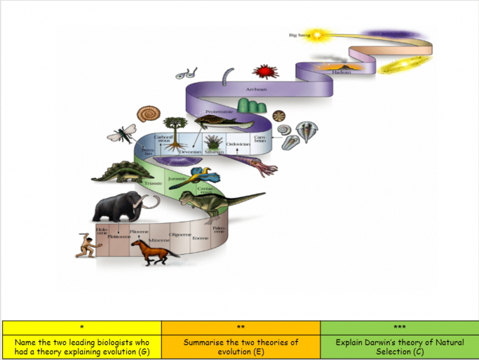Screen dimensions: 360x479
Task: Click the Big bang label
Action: click(x=299, y=34)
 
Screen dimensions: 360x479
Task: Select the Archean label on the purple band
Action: click(x=256, y=90)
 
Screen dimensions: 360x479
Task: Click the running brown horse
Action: click(x=153, y=251)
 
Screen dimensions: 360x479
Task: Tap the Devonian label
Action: click(x=191, y=152)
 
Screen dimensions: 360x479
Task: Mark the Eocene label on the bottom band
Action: click(x=191, y=238)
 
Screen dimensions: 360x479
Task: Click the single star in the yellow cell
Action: click(x=82, y=327)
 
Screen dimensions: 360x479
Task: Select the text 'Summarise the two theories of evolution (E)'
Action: click(x=241, y=347)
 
